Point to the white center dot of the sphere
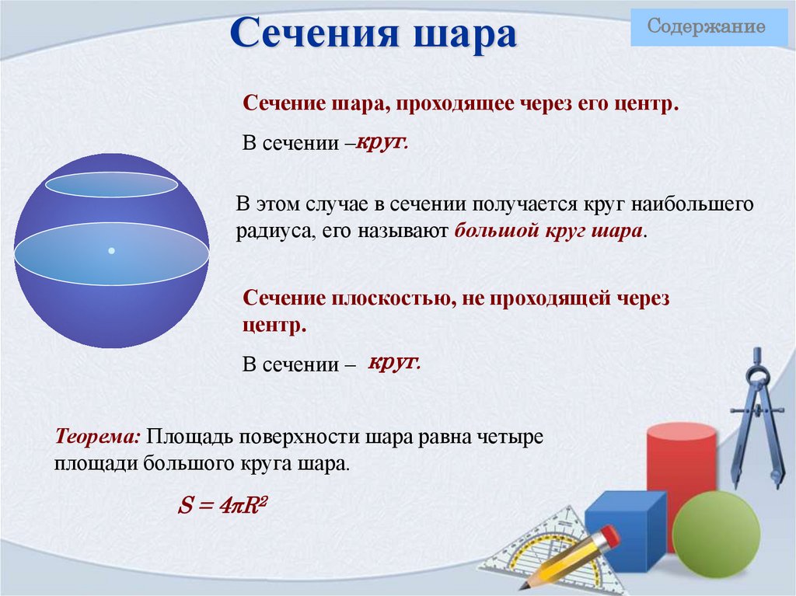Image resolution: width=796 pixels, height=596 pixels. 112,250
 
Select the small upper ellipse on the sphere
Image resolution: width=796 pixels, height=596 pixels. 112,184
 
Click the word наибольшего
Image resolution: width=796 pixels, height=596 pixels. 692,205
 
